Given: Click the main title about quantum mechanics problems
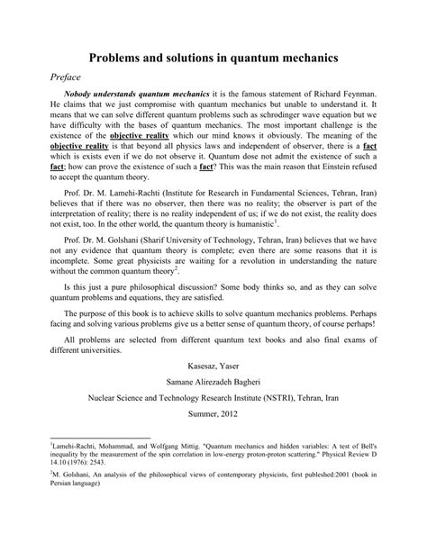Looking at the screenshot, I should [x=213, y=57].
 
